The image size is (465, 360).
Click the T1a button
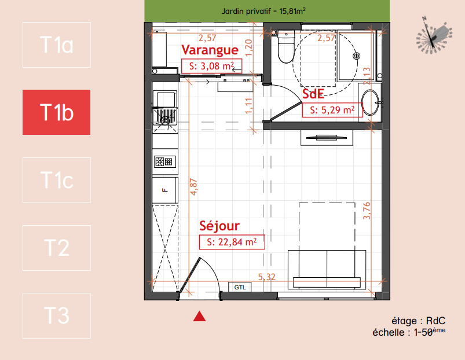pyautogui.click(x=56, y=45)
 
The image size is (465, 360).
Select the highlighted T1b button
pyautogui.click(x=56, y=112)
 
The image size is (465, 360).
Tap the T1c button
pyautogui.click(x=56, y=180)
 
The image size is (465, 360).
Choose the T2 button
pyautogui.click(x=56, y=248)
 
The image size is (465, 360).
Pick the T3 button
pyautogui.click(x=56, y=315)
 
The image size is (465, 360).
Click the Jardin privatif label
pyautogui.click(x=263, y=11)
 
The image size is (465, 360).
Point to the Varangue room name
pyautogui.click(x=210, y=50)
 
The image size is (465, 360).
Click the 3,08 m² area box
pyautogui.click(x=211, y=66)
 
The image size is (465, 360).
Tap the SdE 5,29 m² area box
pyautogui.click(x=332, y=110)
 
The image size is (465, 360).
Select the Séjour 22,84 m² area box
pyautogui.click(x=232, y=242)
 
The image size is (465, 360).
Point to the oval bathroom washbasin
pyautogui.click(x=371, y=102)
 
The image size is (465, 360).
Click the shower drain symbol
pyautogui.click(x=357, y=56)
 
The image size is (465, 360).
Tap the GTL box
pyautogui.click(x=240, y=287)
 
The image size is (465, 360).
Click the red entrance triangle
pyautogui.click(x=199, y=316)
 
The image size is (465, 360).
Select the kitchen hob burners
pyautogui.click(x=164, y=162)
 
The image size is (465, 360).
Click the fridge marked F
pyautogui.click(x=165, y=190)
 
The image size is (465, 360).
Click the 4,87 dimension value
pyautogui.click(x=193, y=187)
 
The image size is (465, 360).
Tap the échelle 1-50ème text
pyautogui.click(x=409, y=332)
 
